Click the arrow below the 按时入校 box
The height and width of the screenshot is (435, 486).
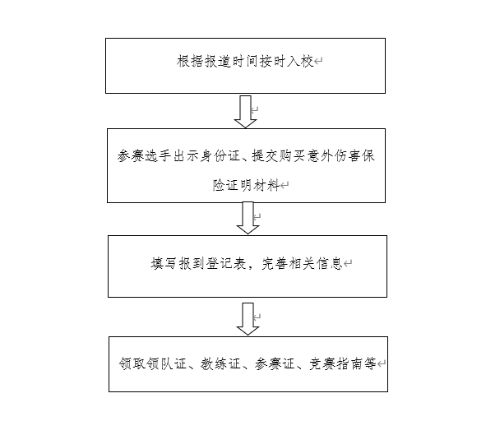pyautogui.click(x=246, y=112)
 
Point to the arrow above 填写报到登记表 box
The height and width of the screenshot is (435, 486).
pyautogui.click(x=248, y=218)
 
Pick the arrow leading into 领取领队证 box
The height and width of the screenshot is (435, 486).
pyautogui.click(x=248, y=319)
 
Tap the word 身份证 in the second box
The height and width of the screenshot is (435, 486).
pyautogui.click(x=220, y=155)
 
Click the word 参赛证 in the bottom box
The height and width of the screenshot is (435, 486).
pyautogui.click(x=275, y=363)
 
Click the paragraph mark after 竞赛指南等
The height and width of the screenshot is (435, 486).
pyautogui.click(x=382, y=363)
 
